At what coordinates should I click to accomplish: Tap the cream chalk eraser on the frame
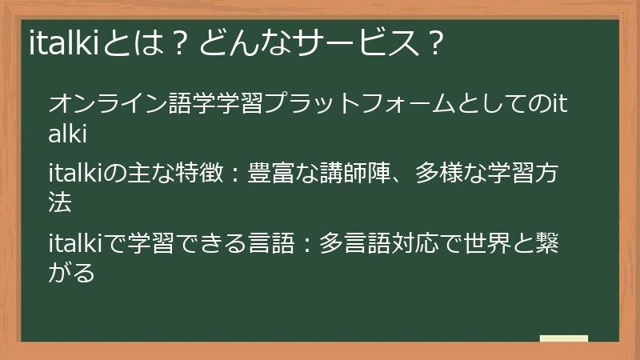563,339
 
